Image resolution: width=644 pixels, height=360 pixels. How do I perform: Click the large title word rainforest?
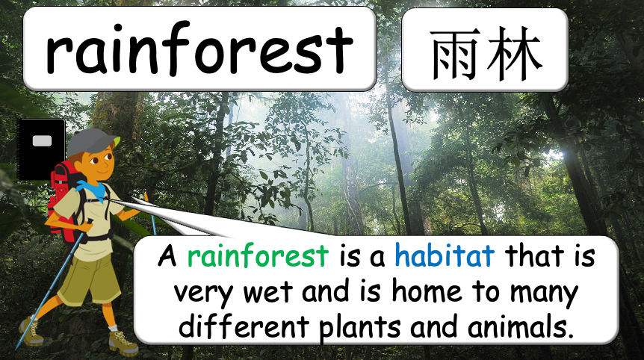tap(199, 49)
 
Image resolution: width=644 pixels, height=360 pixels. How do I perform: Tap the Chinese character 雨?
tap(455, 54)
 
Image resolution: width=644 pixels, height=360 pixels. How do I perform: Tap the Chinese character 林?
tap(514, 54)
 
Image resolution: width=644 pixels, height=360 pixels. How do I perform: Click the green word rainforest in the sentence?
tap(258, 255)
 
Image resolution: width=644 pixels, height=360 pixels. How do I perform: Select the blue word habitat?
tap(445, 255)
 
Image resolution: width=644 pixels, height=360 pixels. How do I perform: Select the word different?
tap(244, 326)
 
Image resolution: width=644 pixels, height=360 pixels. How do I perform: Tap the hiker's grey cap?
tap(92, 141)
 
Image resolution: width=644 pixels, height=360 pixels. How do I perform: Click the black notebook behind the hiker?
tap(40, 149)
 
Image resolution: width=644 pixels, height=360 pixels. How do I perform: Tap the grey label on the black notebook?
tap(42, 141)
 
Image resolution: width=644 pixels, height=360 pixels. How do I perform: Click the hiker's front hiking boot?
tap(123, 342)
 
